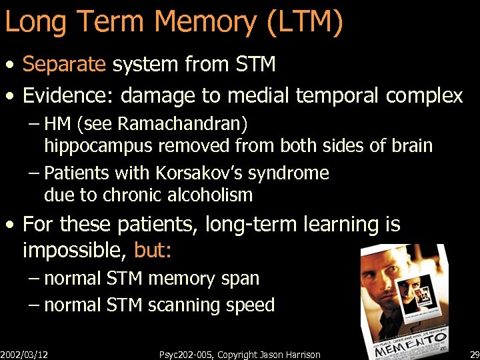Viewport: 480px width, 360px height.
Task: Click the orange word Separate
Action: pyautogui.click(x=65, y=64)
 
